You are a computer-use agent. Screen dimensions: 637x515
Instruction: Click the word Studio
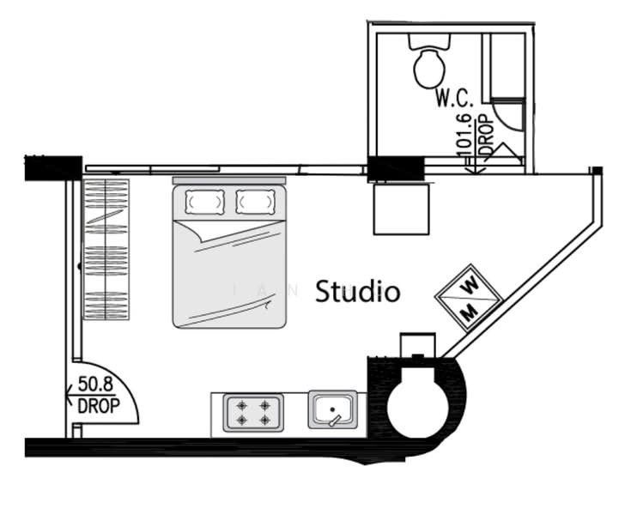pyautogui.click(x=357, y=291)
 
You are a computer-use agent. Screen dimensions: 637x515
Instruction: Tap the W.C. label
pyautogui.click(x=455, y=98)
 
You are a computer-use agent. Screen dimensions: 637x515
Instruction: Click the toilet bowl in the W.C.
pyautogui.click(x=429, y=68)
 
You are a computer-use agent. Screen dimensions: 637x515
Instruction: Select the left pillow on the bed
pyautogui.click(x=204, y=202)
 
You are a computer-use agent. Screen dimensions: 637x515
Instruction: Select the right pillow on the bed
pyautogui.click(x=256, y=202)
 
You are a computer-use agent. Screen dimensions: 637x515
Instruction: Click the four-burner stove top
pyautogui.click(x=253, y=413)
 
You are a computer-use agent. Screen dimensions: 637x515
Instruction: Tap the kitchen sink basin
pyautogui.click(x=333, y=409)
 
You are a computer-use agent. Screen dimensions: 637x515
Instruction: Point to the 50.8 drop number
pyautogui.click(x=95, y=384)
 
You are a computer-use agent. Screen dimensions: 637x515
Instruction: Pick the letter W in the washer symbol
pyautogui.click(x=470, y=286)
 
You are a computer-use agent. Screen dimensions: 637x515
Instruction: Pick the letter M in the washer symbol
pyautogui.click(x=470, y=312)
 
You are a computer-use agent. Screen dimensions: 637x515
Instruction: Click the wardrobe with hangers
pyautogui.click(x=106, y=250)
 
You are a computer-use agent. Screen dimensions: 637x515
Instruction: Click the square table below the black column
pyautogui.click(x=402, y=209)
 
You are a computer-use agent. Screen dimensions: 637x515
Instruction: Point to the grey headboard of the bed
pyautogui.click(x=229, y=180)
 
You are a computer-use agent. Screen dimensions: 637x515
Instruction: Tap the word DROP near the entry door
pyautogui.click(x=99, y=405)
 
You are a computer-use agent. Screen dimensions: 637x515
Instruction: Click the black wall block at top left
pyautogui.click(x=53, y=168)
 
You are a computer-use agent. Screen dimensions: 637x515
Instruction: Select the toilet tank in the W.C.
pyautogui.click(x=429, y=41)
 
